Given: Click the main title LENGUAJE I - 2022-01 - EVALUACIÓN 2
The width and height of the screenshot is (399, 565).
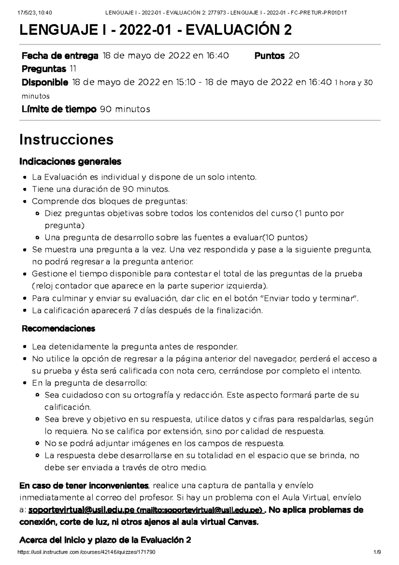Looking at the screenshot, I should coord(156,30).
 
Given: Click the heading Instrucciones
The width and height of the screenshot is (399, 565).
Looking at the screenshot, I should coord(66,139).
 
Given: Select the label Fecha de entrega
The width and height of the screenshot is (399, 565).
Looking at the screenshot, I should coord(60,56).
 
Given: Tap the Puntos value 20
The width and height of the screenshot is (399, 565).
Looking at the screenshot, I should coord(294,56).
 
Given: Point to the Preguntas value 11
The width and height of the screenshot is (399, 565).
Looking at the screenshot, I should coord(73,69).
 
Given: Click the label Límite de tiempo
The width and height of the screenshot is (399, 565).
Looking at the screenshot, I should coord(59,109).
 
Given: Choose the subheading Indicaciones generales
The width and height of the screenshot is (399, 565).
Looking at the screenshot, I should coord(70,162).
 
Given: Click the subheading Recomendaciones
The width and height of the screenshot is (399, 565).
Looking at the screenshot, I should coord(58,328).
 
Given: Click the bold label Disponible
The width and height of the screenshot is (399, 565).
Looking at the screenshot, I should coord(45,82).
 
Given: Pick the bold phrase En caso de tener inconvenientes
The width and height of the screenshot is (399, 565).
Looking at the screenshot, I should coord(84,485).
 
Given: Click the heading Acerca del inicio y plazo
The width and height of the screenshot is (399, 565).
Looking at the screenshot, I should coord(105,540).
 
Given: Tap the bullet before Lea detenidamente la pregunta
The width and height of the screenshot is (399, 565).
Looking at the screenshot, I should coord(25,347).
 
